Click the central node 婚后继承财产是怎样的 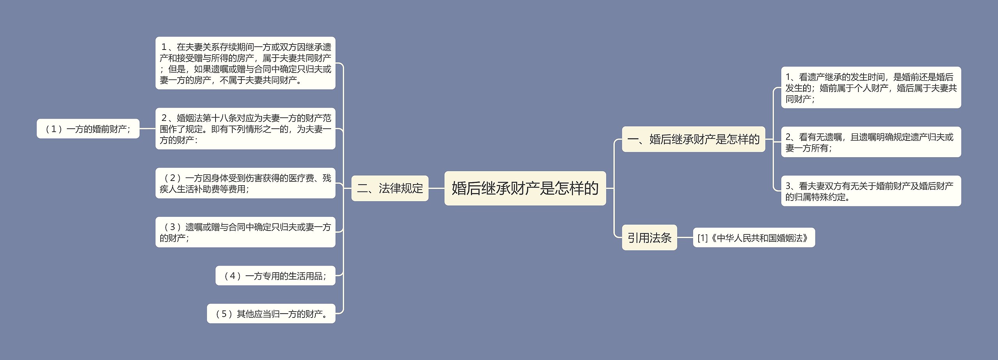(x=525, y=188)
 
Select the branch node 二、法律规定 (x=390, y=188)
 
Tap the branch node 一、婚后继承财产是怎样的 (x=693, y=139)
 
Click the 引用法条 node (x=649, y=238)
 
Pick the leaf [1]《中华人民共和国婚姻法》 (x=754, y=238)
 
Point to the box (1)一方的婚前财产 (x=88, y=129)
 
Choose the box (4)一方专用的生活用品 (x=275, y=276)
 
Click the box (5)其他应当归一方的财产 (x=271, y=314)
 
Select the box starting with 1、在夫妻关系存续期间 (x=245, y=63)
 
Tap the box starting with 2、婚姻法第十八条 (x=245, y=129)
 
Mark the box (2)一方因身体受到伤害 (x=245, y=183)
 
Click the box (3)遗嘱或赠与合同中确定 (x=245, y=232)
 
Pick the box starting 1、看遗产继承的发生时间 (x=871, y=88)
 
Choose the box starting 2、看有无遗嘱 (x=871, y=142)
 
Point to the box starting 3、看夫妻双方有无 (x=871, y=191)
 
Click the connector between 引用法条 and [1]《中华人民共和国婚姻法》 (x=685, y=238)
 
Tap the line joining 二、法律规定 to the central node (x=436, y=188)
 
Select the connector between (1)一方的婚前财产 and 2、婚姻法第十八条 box (x=147, y=129)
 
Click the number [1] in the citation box (x=702, y=238)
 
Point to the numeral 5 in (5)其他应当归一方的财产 (x=224, y=314)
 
